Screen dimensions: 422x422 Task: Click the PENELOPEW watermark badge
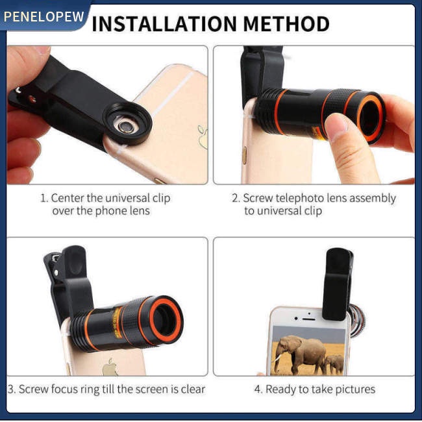pyautogui.click(x=43, y=16)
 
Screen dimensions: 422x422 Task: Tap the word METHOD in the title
pyautogui.click(x=286, y=24)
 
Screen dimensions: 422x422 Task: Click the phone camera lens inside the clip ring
pyautogui.click(x=125, y=126)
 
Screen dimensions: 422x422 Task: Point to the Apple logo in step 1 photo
pyautogui.click(x=203, y=137)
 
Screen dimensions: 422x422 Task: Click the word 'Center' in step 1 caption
pyautogui.click(x=68, y=198)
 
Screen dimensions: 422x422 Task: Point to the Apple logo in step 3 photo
pyautogui.click(x=110, y=367)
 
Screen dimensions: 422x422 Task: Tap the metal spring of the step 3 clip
pyautogui.click(x=55, y=259)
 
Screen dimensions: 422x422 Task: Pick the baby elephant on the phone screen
pyautogui.click(x=334, y=364)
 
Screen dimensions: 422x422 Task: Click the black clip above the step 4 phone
pyautogui.click(x=338, y=284)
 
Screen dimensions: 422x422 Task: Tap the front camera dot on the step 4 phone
pyautogui.click(x=296, y=319)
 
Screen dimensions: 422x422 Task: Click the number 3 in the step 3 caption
pyautogui.click(x=11, y=390)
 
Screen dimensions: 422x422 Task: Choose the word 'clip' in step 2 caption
pyautogui.click(x=313, y=211)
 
